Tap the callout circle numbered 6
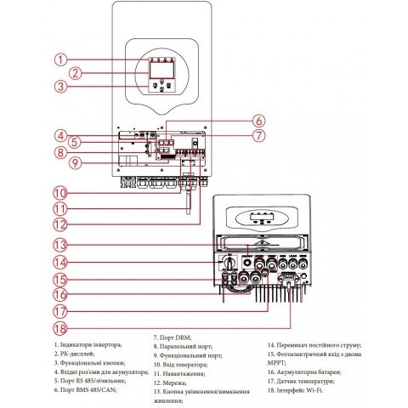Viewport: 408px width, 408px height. tap(259, 121)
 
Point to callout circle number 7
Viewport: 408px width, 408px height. tap(259, 134)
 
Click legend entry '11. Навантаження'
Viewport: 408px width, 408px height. tap(178, 373)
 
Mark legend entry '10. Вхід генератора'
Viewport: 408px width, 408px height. tap(182, 364)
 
